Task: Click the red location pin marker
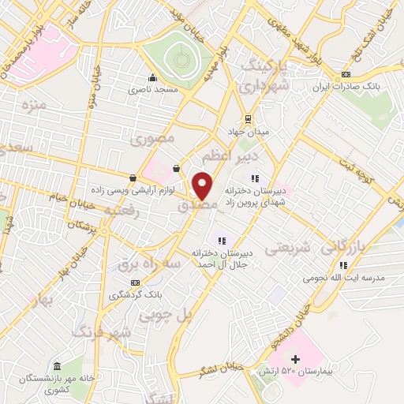pyautogui.click(x=203, y=185)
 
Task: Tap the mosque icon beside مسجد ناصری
pyautogui.click(x=152, y=77)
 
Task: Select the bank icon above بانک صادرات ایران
pyautogui.click(x=346, y=74)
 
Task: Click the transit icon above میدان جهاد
pyautogui.click(x=249, y=118)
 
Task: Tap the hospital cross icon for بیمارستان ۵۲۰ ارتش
pyautogui.click(x=296, y=360)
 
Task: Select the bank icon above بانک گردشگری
pyautogui.click(x=136, y=282)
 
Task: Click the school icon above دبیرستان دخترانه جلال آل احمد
pyautogui.click(x=222, y=241)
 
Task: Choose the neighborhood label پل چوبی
pyautogui.click(x=166, y=315)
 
